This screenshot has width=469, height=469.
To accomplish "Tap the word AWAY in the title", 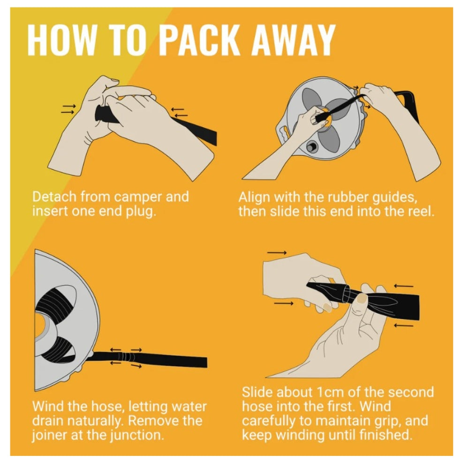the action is [294, 40].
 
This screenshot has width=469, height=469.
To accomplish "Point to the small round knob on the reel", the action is [311, 146].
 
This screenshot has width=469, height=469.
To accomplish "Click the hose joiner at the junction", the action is [127, 357].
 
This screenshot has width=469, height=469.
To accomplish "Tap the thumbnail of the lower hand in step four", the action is [362, 298].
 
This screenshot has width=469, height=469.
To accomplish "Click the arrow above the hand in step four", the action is [277, 253].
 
